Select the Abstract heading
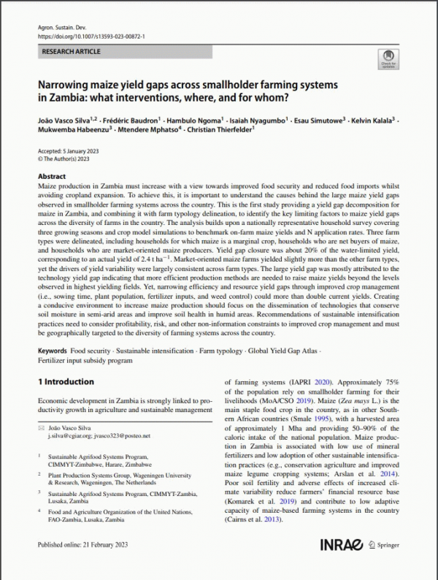point(52,177)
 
